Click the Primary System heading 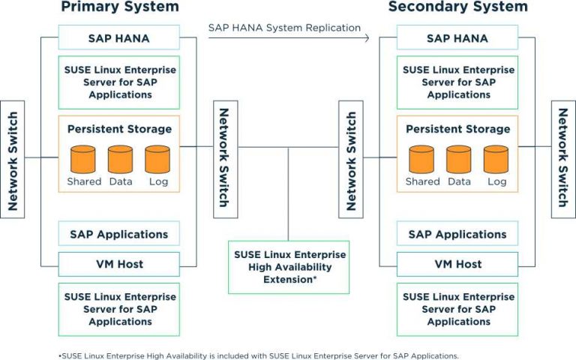[x=119, y=7]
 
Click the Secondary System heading [x=457, y=7]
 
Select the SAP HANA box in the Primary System [x=119, y=37]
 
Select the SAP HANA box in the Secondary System [x=457, y=37]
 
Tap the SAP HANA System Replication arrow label [x=284, y=28]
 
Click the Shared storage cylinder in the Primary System [x=83, y=160]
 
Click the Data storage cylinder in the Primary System [x=120, y=160]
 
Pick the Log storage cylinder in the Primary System [x=157, y=160]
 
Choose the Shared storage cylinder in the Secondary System [x=422, y=160]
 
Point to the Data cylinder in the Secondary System [x=459, y=160]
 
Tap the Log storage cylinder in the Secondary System [x=496, y=160]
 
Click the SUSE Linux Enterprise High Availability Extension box [x=288, y=267]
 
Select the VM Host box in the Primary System [x=119, y=264]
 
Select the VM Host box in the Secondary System [x=457, y=264]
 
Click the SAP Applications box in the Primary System [x=119, y=234]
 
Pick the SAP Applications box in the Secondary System [x=457, y=234]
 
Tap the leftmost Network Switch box [x=13, y=159]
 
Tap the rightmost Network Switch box [x=563, y=159]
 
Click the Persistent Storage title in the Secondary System [x=457, y=129]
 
